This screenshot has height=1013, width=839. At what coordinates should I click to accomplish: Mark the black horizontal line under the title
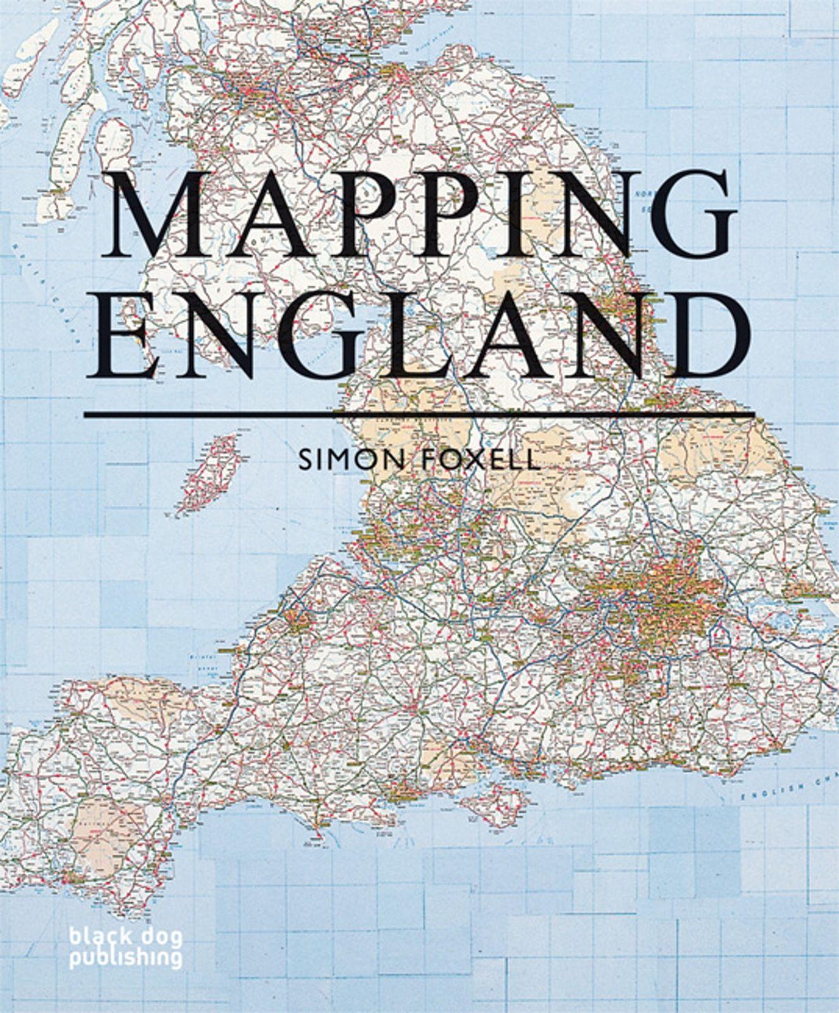click(x=419, y=415)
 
